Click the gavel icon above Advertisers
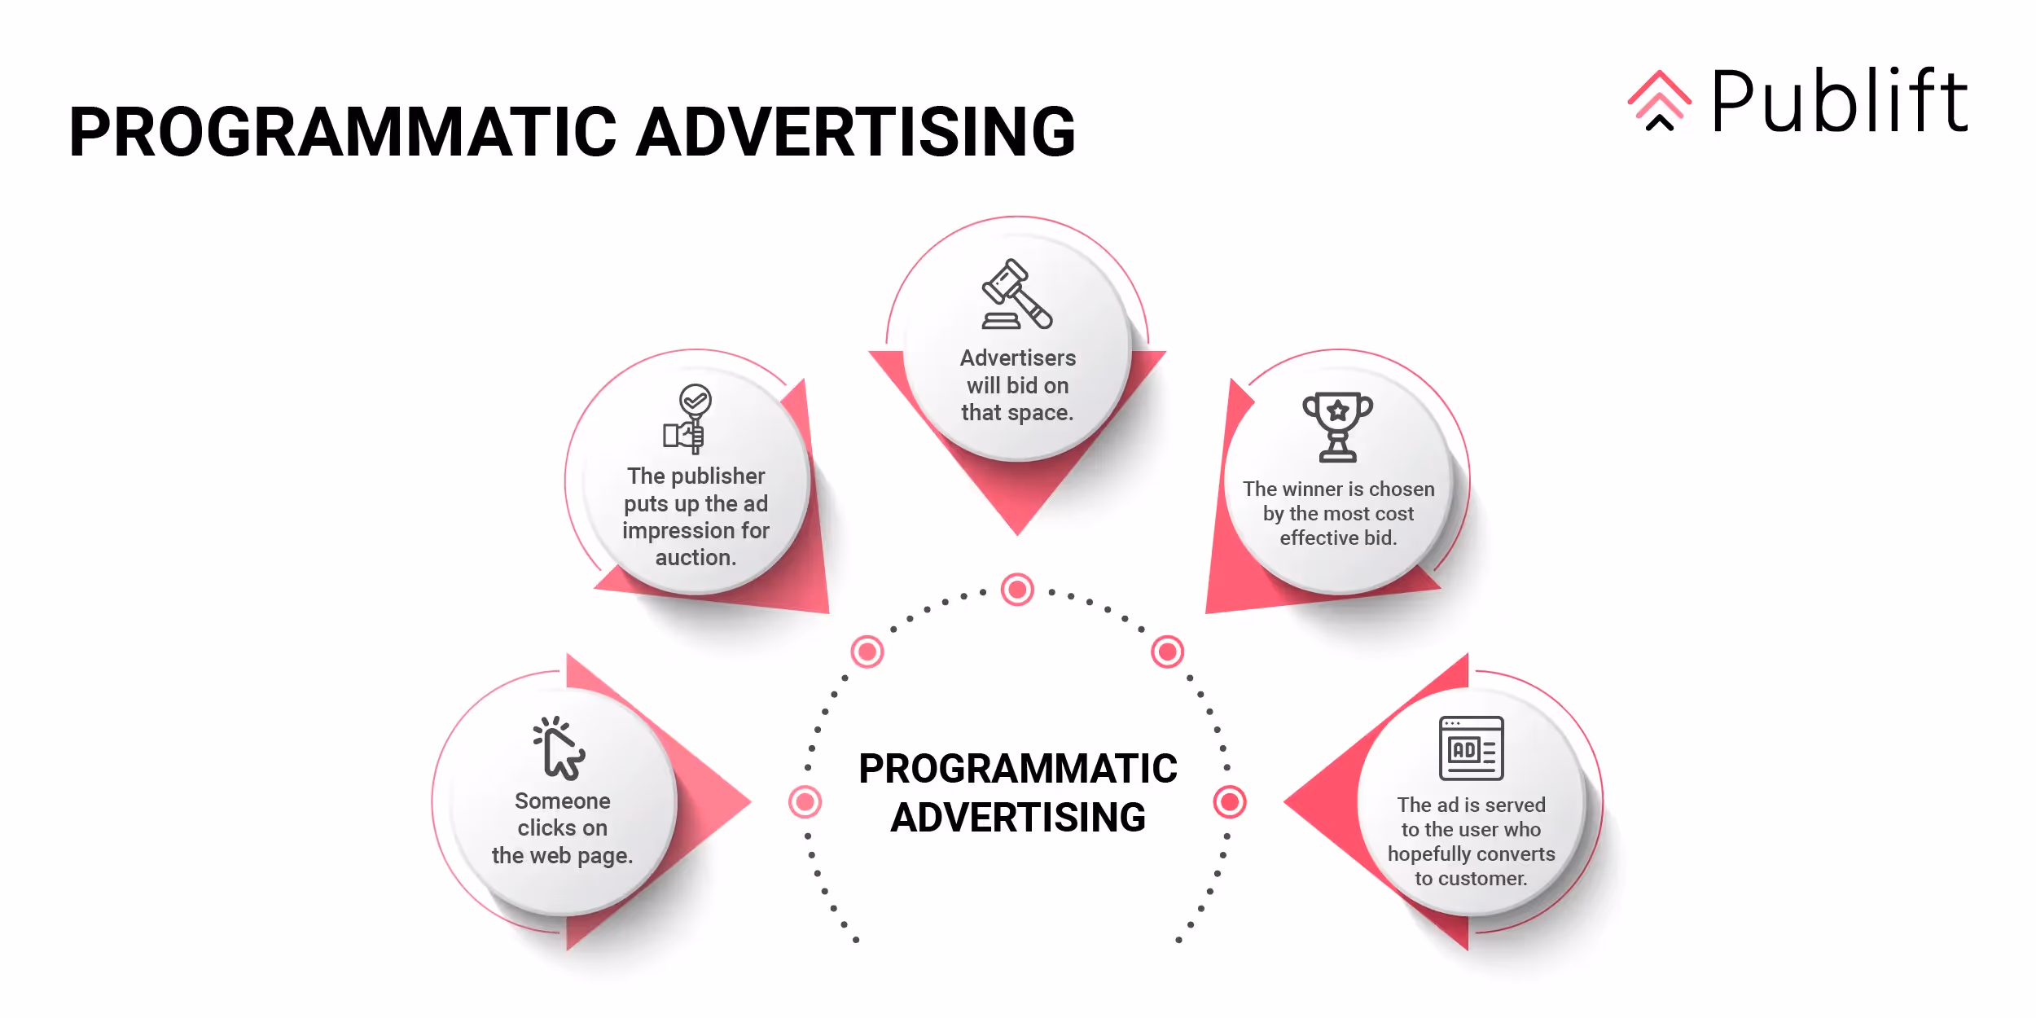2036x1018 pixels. pos(1016,294)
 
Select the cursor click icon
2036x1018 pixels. pos(559,748)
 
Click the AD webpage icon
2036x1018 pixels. pos(1471,748)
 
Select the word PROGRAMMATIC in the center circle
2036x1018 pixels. pos(1017,768)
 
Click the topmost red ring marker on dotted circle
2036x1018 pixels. pos(1017,589)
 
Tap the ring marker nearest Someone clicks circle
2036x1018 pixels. pos(805,801)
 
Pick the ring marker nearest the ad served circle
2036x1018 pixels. pos(1230,801)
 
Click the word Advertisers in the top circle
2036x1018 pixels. pos(1017,358)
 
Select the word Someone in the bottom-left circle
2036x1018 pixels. pos(562,801)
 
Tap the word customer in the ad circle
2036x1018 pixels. pos(1480,878)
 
